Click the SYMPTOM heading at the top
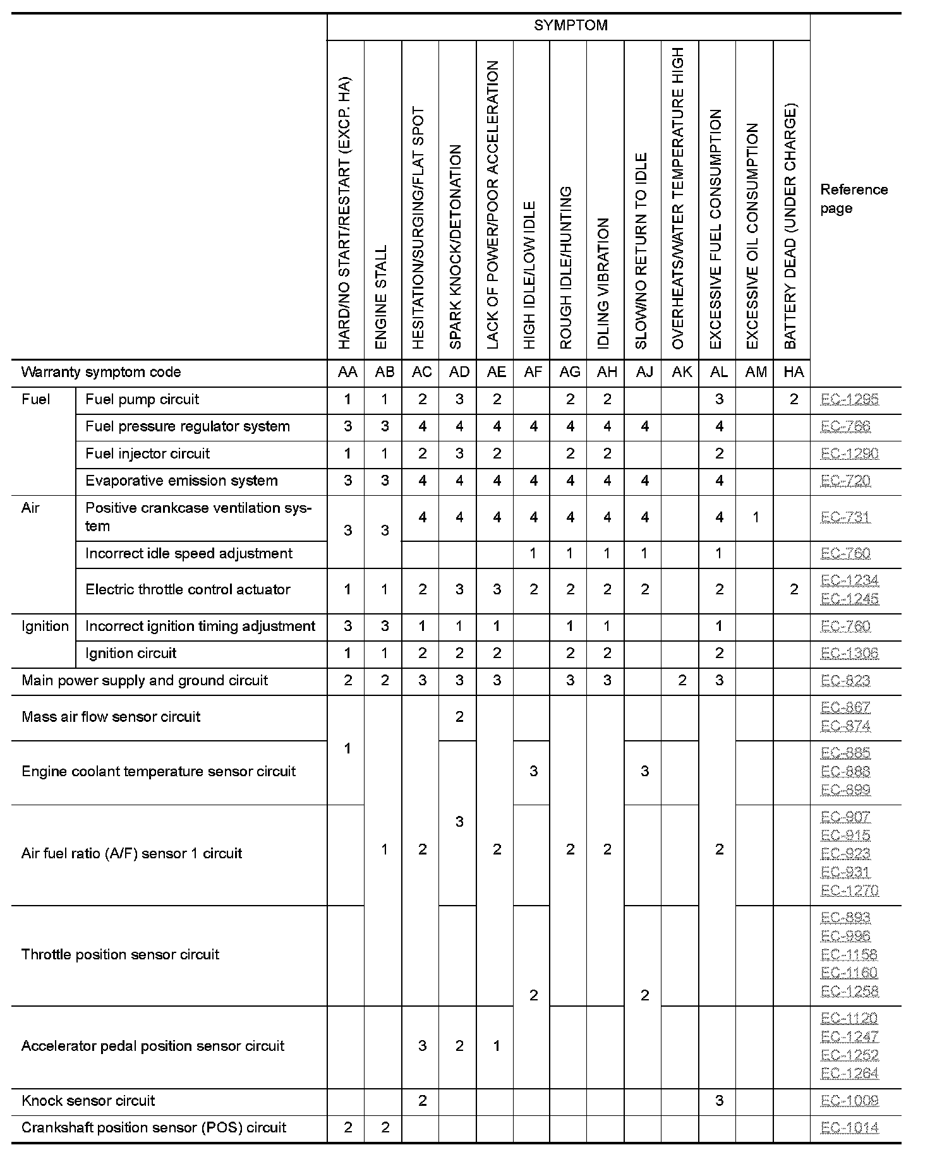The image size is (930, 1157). (571, 25)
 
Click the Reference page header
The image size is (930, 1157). (854, 199)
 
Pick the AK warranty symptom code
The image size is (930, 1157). (682, 372)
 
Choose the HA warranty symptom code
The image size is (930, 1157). (794, 372)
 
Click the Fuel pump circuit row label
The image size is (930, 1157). (142, 400)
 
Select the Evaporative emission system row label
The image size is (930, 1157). (181, 481)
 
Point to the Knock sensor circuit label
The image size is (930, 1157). (88, 1101)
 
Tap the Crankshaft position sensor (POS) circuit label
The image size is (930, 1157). (154, 1127)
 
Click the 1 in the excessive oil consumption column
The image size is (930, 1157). (756, 518)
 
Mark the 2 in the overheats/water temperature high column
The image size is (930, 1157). (682, 680)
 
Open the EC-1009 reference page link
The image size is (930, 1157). (849, 1101)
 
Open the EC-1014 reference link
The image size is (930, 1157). (849, 1127)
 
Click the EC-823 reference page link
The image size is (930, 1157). (845, 680)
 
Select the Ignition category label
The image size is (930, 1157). (45, 626)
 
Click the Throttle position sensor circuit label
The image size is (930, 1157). (120, 954)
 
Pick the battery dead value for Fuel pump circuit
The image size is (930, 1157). (794, 400)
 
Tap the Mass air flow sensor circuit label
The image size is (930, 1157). (111, 717)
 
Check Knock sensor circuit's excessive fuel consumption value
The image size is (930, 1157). (719, 1101)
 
